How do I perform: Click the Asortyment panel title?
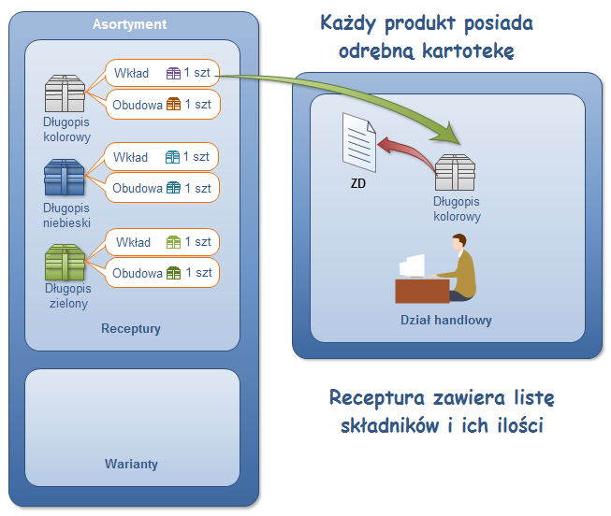coord(129,24)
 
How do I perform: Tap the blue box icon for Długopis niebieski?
coord(65,177)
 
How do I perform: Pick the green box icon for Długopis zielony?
coord(65,263)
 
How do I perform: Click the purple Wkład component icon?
coord(173,73)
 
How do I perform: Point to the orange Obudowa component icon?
coord(173,104)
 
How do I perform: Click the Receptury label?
coord(131,329)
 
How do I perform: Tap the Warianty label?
coord(131,464)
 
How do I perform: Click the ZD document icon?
coord(358,141)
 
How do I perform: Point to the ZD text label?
coord(358,183)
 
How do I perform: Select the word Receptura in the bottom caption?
coord(374,398)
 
